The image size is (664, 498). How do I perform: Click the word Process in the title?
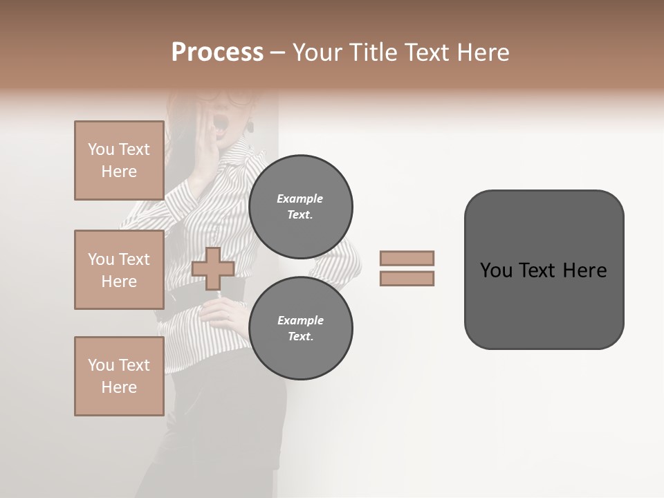click(x=217, y=53)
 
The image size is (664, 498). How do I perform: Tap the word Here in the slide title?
click(x=483, y=53)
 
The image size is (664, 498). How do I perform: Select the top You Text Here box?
click(x=119, y=160)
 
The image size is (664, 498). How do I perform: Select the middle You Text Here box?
click(x=119, y=270)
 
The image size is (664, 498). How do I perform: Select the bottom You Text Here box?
click(x=119, y=376)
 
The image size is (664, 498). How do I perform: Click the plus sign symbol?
click(x=212, y=268)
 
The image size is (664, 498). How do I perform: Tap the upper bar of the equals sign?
click(x=407, y=258)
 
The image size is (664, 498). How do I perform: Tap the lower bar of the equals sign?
click(x=407, y=279)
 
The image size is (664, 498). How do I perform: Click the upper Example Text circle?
click(x=301, y=206)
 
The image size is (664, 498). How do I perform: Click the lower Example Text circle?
click(x=301, y=328)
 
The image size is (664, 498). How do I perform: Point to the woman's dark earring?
click(x=250, y=127)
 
